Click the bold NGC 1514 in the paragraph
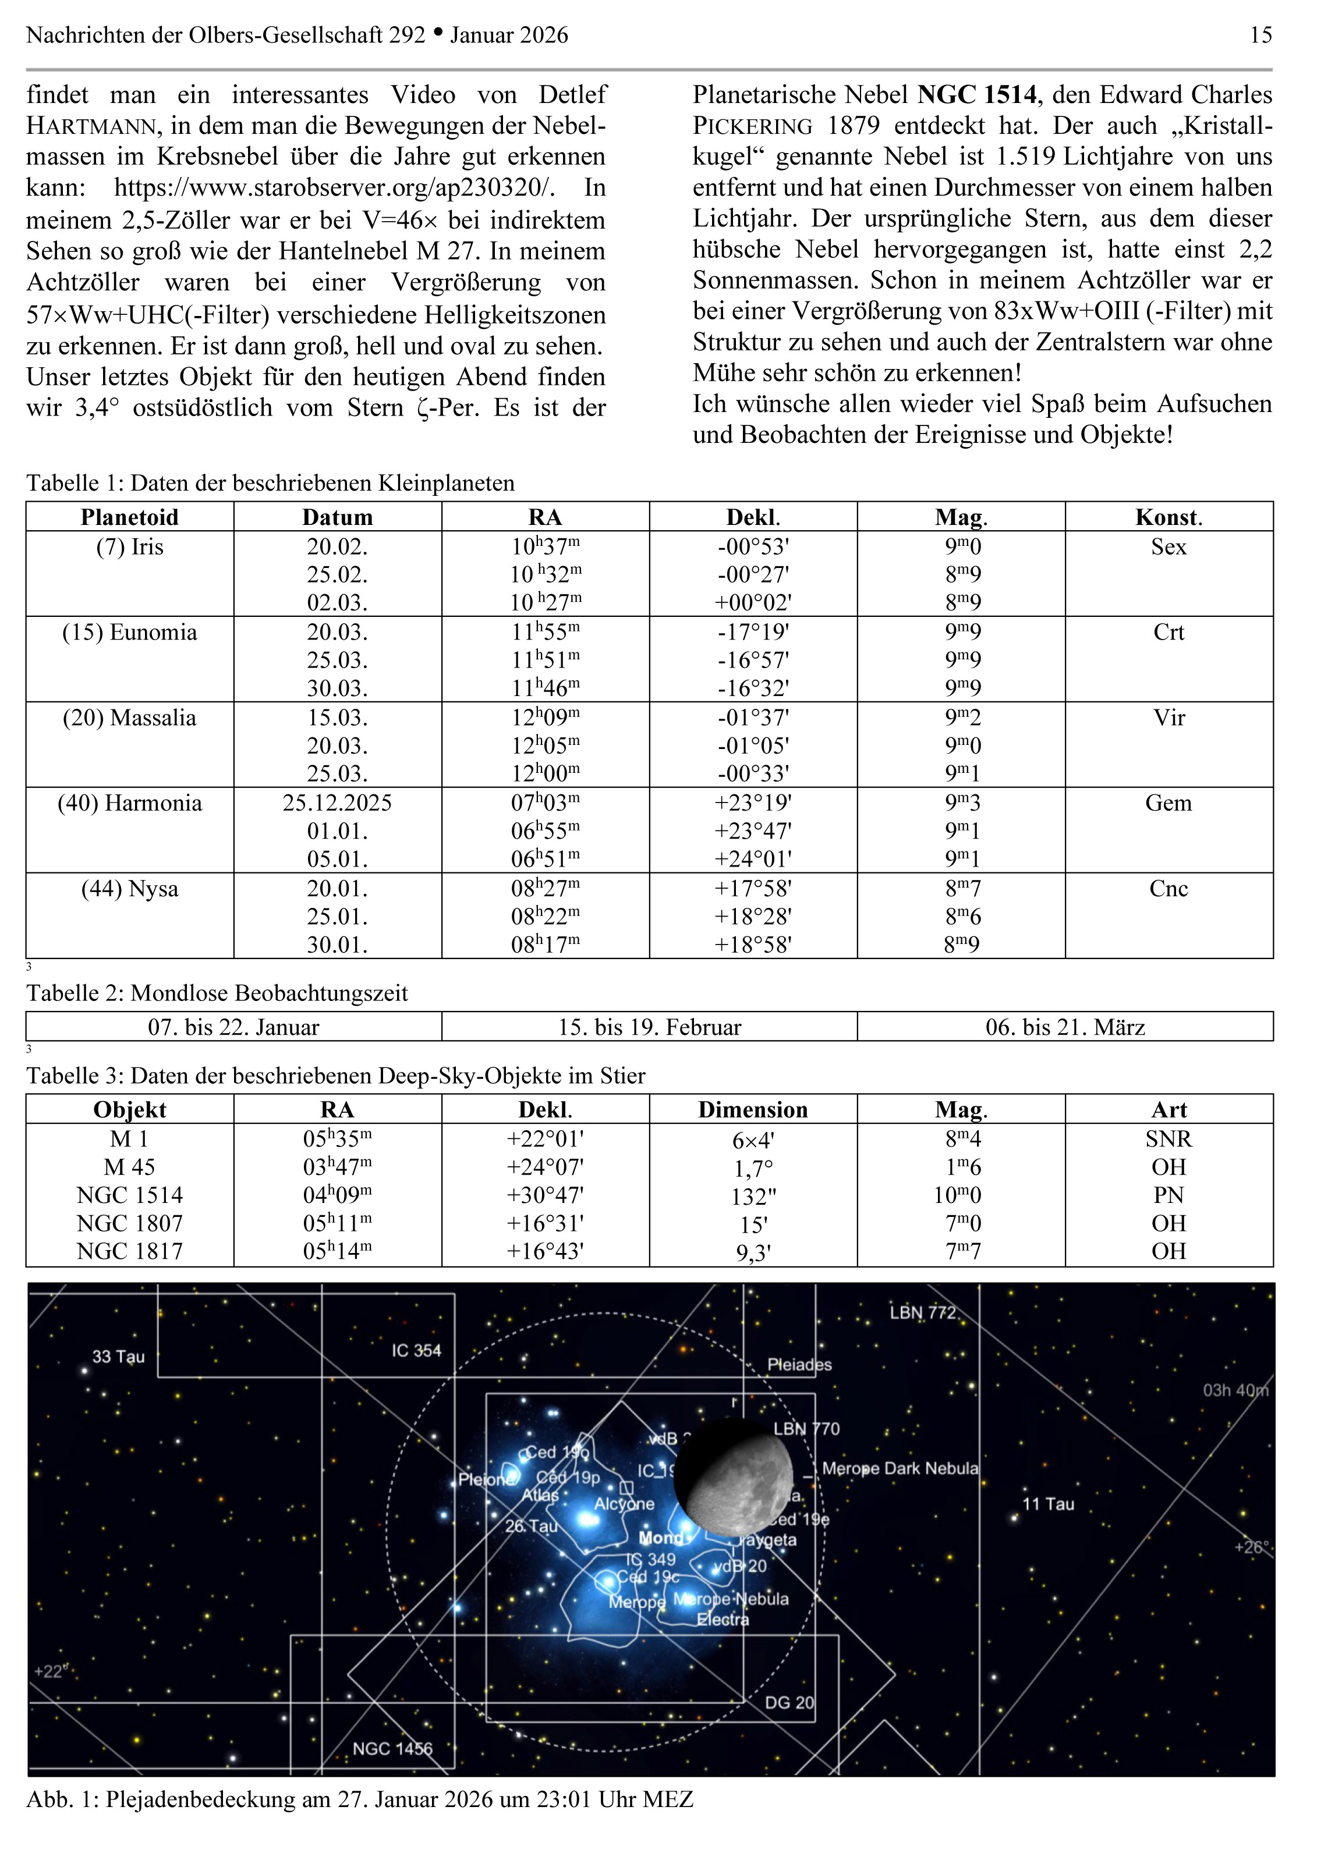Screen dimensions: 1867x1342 [x=976, y=95]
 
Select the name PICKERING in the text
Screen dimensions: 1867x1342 [x=752, y=126]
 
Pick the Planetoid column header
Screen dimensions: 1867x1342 [x=129, y=517]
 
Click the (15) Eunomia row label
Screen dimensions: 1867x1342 [x=129, y=632]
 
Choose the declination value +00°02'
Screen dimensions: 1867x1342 [x=752, y=602]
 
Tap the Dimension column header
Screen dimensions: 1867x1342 [x=752, y=1110]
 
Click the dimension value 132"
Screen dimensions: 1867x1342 [x=752, y=1196]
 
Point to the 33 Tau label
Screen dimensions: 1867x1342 [x=118, y=1357]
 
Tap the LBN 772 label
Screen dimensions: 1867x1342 [x=922, y=1312]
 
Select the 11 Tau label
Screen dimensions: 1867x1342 [x=1047, y=1504]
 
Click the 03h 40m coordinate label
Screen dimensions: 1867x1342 [x=1235, y=1390]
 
